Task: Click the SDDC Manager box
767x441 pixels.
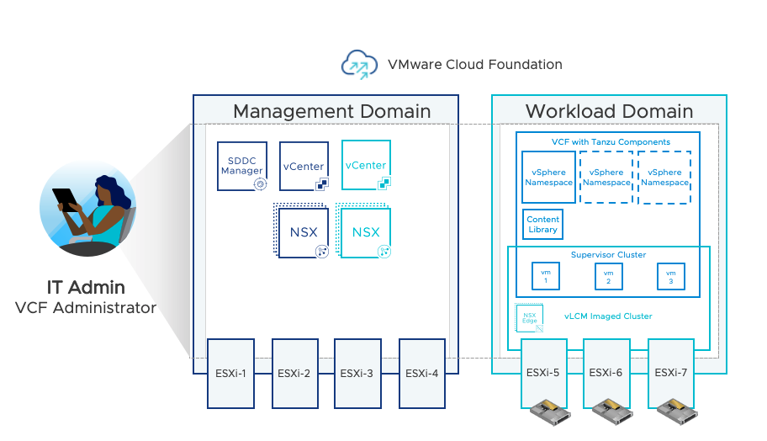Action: point(241,165)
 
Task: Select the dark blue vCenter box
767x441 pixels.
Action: point(304,165)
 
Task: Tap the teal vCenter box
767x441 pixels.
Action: point(366,165)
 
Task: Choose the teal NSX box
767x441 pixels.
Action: point(366,232)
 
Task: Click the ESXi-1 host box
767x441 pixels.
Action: point(231,374)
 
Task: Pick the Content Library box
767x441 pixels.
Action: point(542,224)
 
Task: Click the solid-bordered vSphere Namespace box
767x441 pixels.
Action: point(548,178)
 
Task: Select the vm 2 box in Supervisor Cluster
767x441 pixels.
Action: point(608,277)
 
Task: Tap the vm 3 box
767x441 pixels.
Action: point(670,277)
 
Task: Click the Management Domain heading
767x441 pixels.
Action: point(331,111)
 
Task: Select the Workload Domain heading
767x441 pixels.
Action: point(609,111)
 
